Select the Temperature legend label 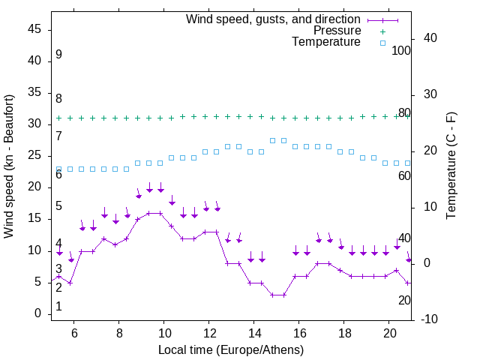(x=326, y=42)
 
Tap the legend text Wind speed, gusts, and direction (x=274, y=19)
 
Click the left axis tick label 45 (x=34, y=30)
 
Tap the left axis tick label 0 (x=38, y=313)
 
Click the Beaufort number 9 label (x=58, y=55)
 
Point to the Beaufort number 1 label (x=58, y=307)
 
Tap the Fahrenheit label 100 (x=401, y=50)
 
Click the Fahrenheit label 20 (x=404, y=300)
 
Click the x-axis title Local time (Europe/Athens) (x=231, y=349)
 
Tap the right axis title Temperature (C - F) (x=451, y=166)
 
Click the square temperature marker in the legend (x=382, y=43)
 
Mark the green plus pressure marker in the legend (x=382, y=31)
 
